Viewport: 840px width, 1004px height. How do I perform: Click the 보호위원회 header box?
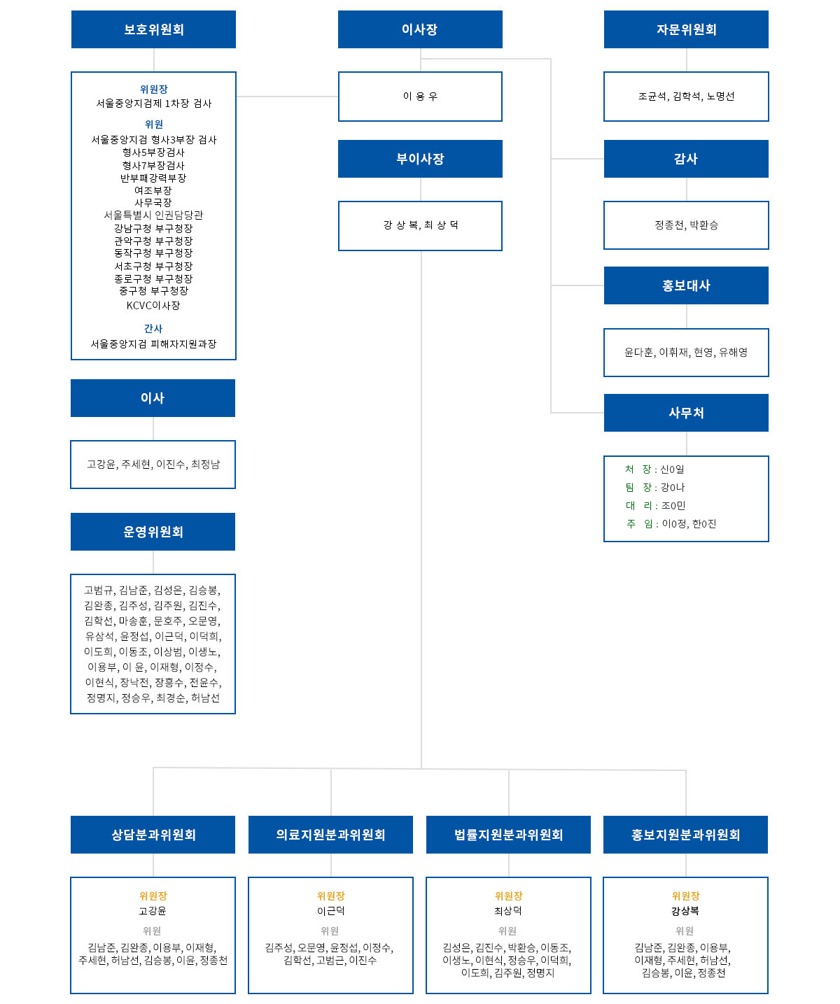coord(153,29)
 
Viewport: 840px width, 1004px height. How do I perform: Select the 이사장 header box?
coord(420,29)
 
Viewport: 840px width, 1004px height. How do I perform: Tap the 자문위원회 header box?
coord(686,29)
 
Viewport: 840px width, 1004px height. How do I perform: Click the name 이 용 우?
coord(420,97)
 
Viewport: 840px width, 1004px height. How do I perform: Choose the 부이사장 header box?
coord(420,159)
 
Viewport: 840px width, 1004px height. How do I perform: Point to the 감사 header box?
coord(686,159)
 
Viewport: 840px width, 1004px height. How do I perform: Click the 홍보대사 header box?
coord(686,285)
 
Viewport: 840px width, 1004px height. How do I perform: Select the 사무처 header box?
coord(686,413)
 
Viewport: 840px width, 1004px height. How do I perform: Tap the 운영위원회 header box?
coord(153,531)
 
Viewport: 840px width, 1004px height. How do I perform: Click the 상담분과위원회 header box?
coord(153,834)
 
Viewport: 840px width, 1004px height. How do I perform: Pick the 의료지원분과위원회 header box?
coord(330,834)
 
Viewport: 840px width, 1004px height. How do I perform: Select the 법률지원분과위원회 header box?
coord(508,834)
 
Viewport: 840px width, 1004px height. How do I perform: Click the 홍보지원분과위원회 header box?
coord(685,834)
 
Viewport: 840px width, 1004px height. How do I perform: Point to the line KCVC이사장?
coord(153,305)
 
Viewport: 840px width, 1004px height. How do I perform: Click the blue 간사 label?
coord(153,328)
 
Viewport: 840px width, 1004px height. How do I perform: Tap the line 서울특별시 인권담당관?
coord(153,215)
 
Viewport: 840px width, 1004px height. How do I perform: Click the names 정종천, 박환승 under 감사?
coord(686,225)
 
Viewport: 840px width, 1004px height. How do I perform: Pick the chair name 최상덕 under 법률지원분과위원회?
coord(508,911)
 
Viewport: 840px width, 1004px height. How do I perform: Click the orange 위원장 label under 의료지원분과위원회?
coord(330,896)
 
